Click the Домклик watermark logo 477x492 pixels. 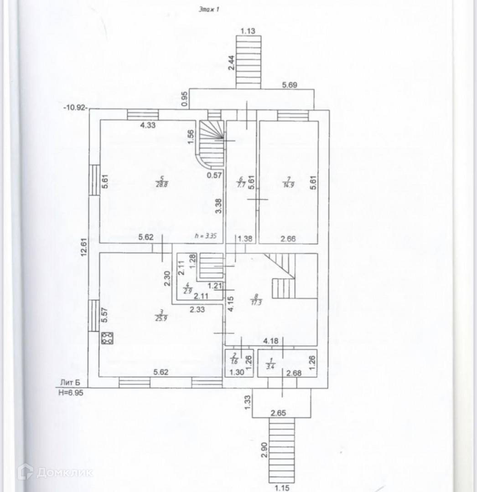point(55,472)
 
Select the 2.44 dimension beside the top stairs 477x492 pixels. point(231,61)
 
